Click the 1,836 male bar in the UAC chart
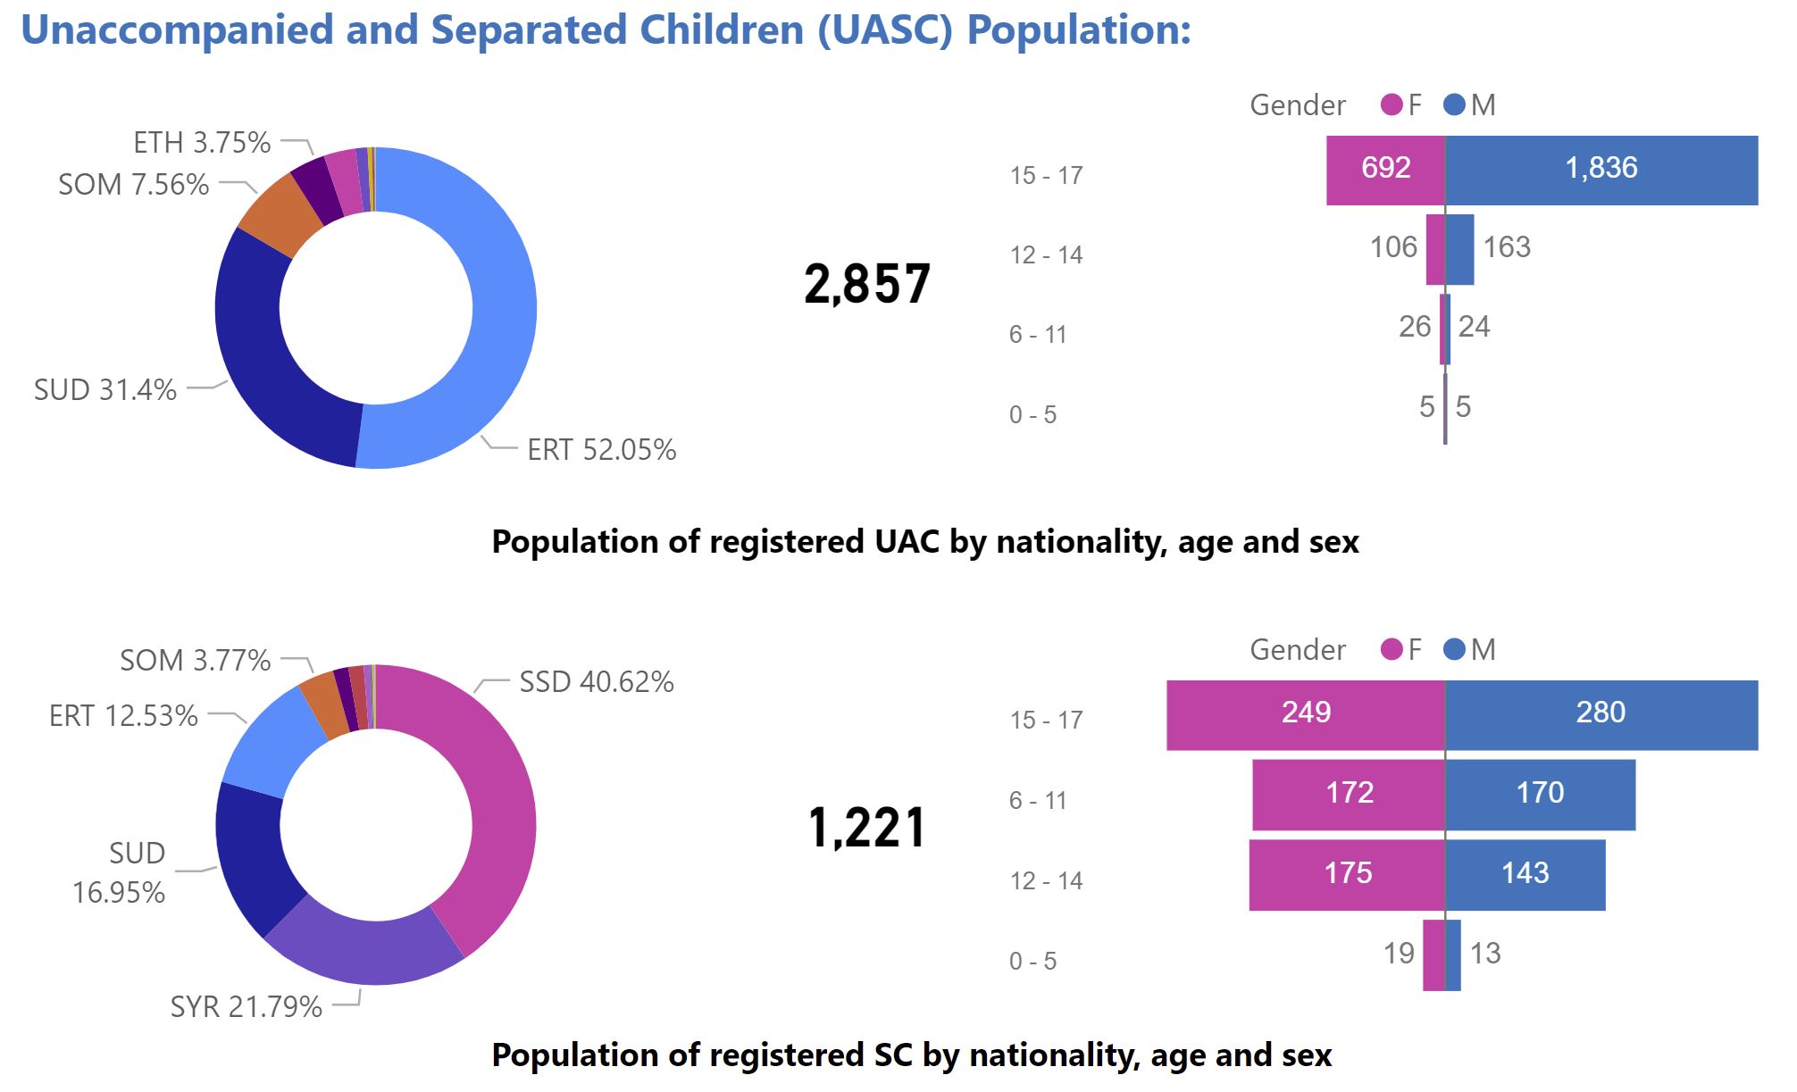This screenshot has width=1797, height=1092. click(x=1601, y=171)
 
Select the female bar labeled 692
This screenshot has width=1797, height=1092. click(x=1385, y=171)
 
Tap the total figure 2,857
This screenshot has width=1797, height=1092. click(x=867, y=285)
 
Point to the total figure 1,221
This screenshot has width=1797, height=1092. click(x=867, y=828)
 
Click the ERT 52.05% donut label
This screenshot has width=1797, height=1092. click(x=602, y=449)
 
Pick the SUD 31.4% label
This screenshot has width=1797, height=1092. click(x=105, y=389)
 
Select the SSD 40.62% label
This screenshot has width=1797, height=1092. click(x=597, y=682)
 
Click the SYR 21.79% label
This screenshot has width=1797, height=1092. click(x=247, y=1006)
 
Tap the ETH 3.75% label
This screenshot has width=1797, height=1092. click(x=202, y=142)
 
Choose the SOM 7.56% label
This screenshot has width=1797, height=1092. click(x=134, y=184)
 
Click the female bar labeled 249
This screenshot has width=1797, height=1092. click(x=1306, y=715)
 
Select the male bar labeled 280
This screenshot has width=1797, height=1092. click(x=1601, y=715)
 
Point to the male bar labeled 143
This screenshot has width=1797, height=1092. click(x=1525, y=875)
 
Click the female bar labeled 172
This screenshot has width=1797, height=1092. click(x=1349, y=795)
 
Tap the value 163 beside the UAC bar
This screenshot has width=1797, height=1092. click(x=1507, y=246)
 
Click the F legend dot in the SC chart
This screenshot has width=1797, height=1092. click(x=1392, y=649)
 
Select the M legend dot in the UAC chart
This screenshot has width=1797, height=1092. click(x=1454, y=104)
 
